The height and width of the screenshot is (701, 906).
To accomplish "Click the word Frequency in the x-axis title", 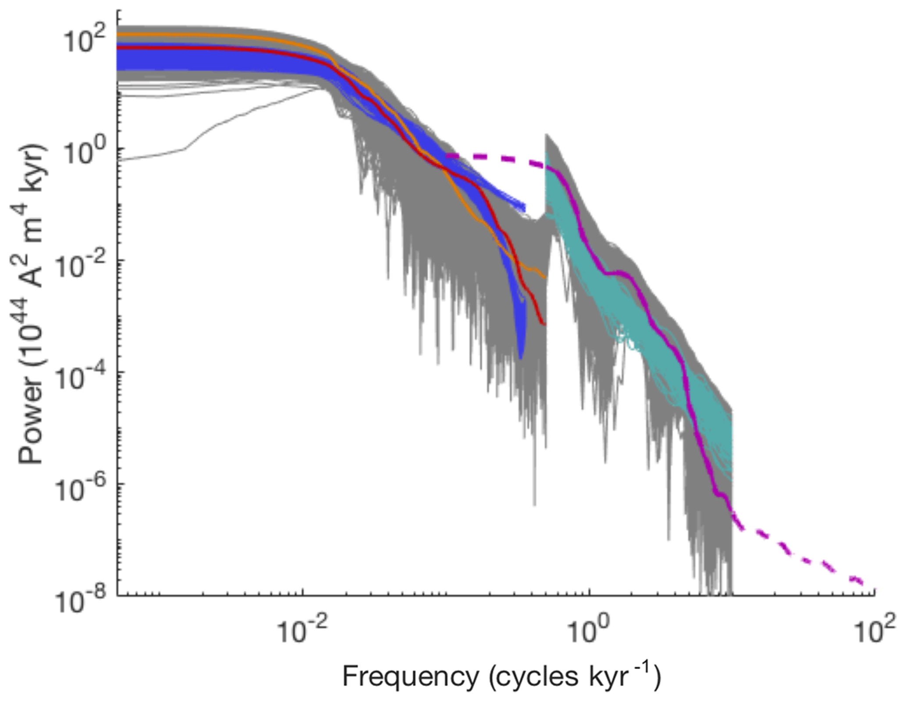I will pos(411,676).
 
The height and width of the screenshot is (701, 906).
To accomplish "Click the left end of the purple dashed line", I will pos(447,156).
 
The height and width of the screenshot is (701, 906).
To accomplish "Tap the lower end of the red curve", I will pos(544,324).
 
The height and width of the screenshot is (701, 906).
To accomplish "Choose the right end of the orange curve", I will pos(545,277).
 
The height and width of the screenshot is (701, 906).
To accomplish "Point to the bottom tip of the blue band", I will pos(520,358).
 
